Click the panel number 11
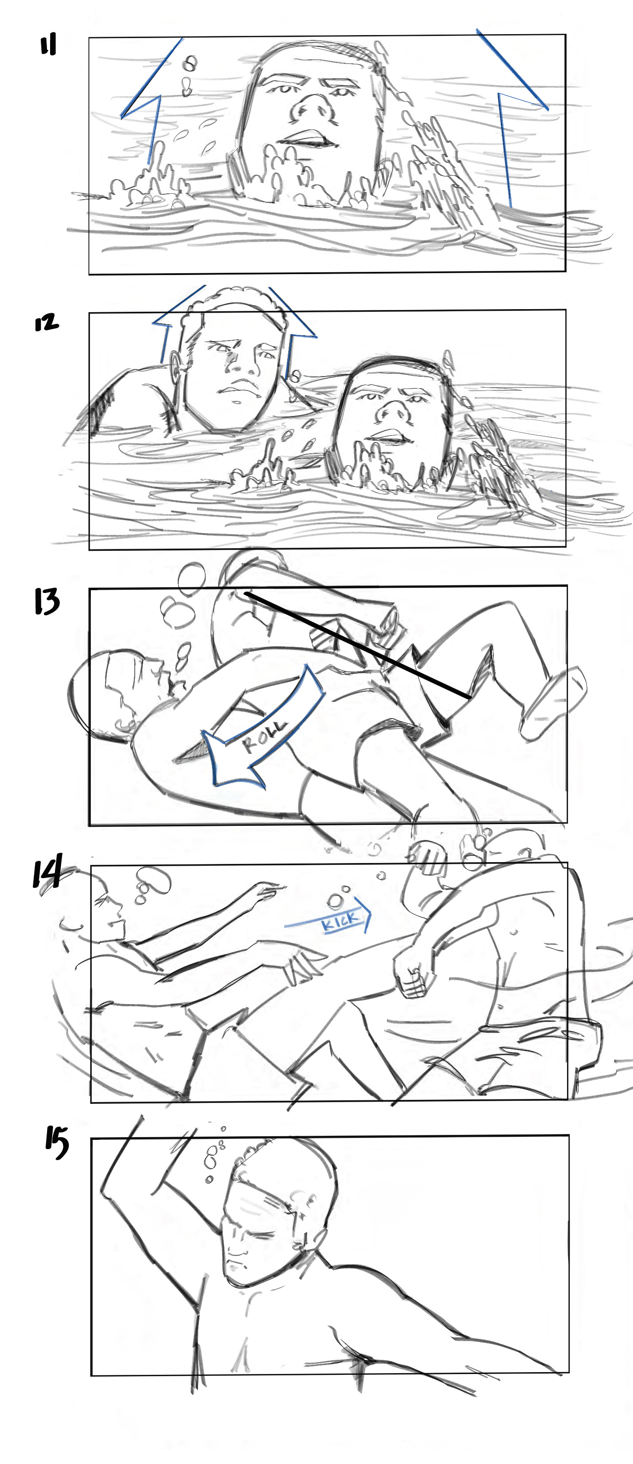[x=48, y=46]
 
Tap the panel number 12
[x=46, y=323]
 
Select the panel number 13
[x=46, y=602]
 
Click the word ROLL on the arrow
[x=265, y=735]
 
